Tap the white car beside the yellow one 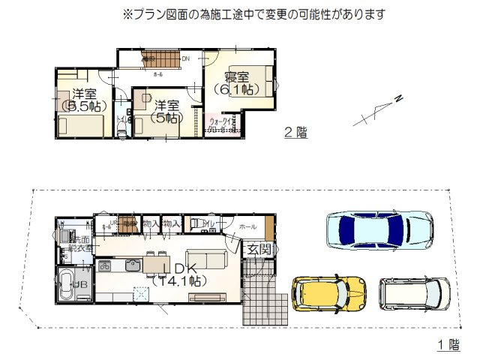coord(414,294)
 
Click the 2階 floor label coord(296,133)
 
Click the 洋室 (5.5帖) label coord(84,100)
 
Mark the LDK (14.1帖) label coord(177,274)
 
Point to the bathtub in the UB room coord(67,286)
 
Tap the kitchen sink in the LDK coord(133,265)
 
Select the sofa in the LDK coord(205,259)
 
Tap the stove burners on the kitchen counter coord(104,265)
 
